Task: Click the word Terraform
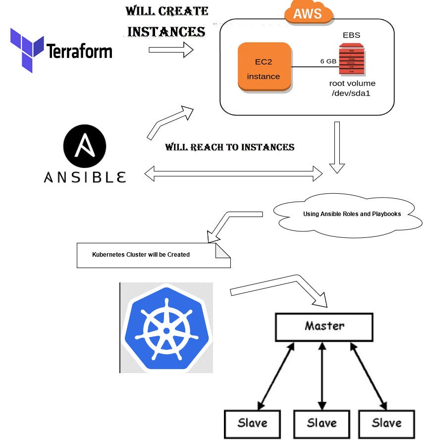pyautogui.click(x=79, y=51)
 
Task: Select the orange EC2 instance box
pyautogui.click(x=264, y=67)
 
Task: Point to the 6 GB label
pyautogui.click(x=329, y=61)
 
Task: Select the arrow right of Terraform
pyautogui.click(x=171, y=50)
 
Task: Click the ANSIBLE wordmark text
pyautogui.click(x=85, y=177)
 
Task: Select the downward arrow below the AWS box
pyautogui.click(x=337, y=147)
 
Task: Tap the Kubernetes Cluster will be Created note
pyautogui.click(x=149, y=255)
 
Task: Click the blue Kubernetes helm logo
pyautogui.click(x=166, y=328)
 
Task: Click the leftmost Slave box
pyautogui.click(x=252, y=424)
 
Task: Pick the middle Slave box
pyautogui.click(x=322, y=424)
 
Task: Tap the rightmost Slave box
pyautogui.click(x=386, y=424)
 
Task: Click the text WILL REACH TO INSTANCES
pyautogui.click(x=229, y=147)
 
